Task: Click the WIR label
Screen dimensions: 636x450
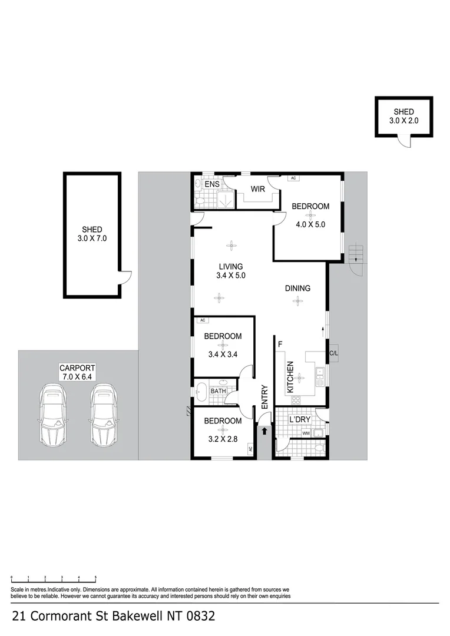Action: pyautogui.click(x=257, y=189)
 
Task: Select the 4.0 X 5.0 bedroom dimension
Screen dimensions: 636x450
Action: pyautogui.click(x=310, y=224)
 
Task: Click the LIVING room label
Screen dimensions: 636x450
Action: pyautogui.click(x=231, y=266)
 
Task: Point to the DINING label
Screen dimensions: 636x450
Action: pyautogui.click(x=297, y=289)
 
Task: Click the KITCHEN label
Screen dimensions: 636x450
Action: pyautogui.click(x=290, y=377)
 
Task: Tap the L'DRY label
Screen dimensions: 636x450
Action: pyautogui.click(x=300, y=419)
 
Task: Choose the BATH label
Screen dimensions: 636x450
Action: pyautogui.click(x=219, y=391)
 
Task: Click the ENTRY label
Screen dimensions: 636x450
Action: pyautogui.click(x=264, y=397)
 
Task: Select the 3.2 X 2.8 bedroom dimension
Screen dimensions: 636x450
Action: pyautogui.click(x=223, y=439)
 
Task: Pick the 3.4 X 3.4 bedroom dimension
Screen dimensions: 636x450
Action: pyautogui.click(x=223, y=355)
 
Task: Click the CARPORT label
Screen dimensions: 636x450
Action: pyautogui.click(x=76, y=369)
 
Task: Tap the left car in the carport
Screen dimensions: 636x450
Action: pyautogui.click(x=52, y=415)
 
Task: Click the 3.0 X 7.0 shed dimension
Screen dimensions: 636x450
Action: pyautogui.click(x=92, y=238)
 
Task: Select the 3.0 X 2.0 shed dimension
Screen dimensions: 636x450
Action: pyautogui.click(x=403, y=121)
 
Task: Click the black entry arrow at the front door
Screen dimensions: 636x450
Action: pyautogui.click(x=264, y=432)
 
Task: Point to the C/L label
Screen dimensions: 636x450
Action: pyautogui.click(x=333, y=353)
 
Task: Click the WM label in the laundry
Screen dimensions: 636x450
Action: pyautogui.click(x=305, y=434)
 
